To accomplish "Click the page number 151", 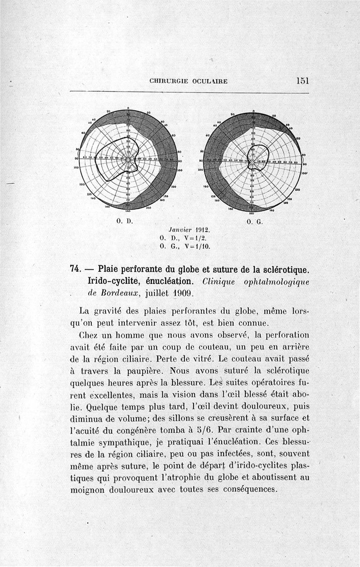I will pos(302,81).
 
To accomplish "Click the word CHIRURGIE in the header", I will pos(167,81).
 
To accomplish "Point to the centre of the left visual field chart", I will pos(128,160).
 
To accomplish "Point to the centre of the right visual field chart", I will pos(253,161).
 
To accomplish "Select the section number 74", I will pos(75,270).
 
